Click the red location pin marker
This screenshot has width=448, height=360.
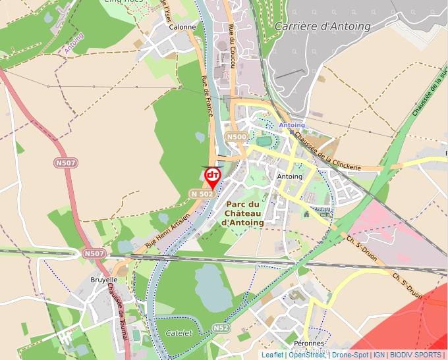(x=212, y=176)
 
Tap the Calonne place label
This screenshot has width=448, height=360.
(x=182, y=27)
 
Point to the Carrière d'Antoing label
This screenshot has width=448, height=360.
(x=322, y=26)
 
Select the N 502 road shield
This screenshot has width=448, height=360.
(x=202, y=194)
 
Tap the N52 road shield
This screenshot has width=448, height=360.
(x=221, y=327)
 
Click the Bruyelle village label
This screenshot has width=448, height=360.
(x=103, y=280)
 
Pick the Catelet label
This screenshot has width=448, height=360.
(x=179, y=333)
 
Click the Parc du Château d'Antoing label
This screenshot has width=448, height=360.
(x=243, y=213)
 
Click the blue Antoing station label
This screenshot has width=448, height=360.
(x=292, y=125)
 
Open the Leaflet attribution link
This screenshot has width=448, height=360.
(x=272, y=355)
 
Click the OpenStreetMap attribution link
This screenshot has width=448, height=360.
(x=307, y=355)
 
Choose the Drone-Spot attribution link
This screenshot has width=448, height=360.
(x=350, y=355)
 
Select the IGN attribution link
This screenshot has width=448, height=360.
(x=379, y=355)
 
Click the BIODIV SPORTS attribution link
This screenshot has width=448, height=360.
(x=416, y=355)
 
